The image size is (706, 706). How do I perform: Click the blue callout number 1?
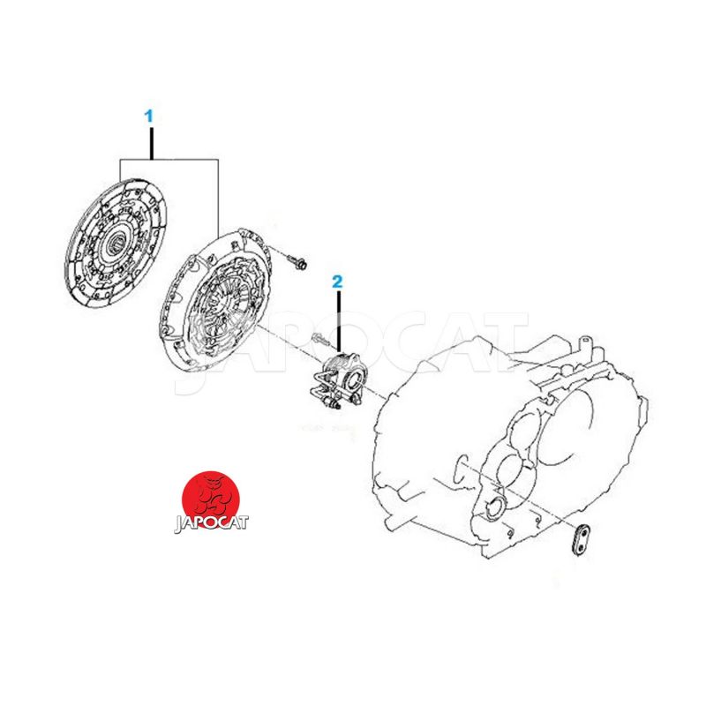pos(148,116)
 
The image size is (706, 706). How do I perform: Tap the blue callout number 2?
pos(337,282)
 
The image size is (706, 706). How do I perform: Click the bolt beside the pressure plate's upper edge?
pos(297,261)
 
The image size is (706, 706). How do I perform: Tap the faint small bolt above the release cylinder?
pos(321,339)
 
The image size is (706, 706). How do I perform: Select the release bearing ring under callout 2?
pos(353,379)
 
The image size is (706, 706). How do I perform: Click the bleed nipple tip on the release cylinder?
pos(335,406)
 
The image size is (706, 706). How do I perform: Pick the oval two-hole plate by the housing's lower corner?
pos(582,539)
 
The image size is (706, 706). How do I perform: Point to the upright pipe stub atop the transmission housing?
pos(584,346)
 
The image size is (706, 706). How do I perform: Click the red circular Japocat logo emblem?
pos(211,499)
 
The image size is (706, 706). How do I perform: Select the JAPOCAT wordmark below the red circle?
pos(211,523)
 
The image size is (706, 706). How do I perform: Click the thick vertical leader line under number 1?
pos(151,144)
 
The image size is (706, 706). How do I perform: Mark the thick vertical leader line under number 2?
pos(339,320)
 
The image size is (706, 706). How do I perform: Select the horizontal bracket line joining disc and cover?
pos(169,160)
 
